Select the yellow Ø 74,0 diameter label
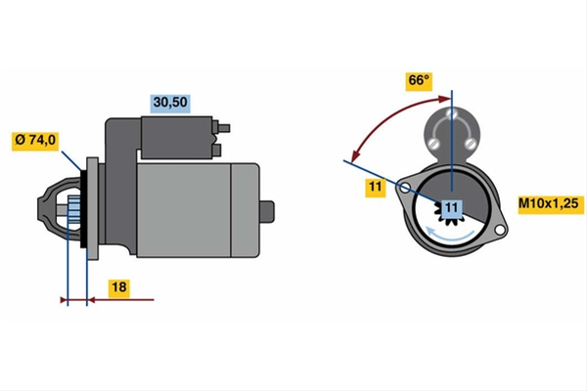(x=35, y=141)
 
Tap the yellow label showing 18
(x=119, y=287)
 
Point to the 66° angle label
(x=419, y=81)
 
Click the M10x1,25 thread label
(x=549, y=204)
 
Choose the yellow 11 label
(x=375, y=187)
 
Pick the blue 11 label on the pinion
(x=452, y=208)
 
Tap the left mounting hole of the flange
(x=405, y=188)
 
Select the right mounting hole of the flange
(x=499, y=230)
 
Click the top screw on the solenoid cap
(x=452, y=113)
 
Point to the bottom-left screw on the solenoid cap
(x=434, y=143)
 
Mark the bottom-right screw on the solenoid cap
(x=470, y=143)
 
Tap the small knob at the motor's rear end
(x=266, y=211)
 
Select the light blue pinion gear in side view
(x=73, y=210)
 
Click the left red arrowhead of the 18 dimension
(x=64, y=300)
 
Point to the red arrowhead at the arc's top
(x=445, y=99)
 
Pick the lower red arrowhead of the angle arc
(x=356, y=154)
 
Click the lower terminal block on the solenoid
(x=216, y=151)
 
